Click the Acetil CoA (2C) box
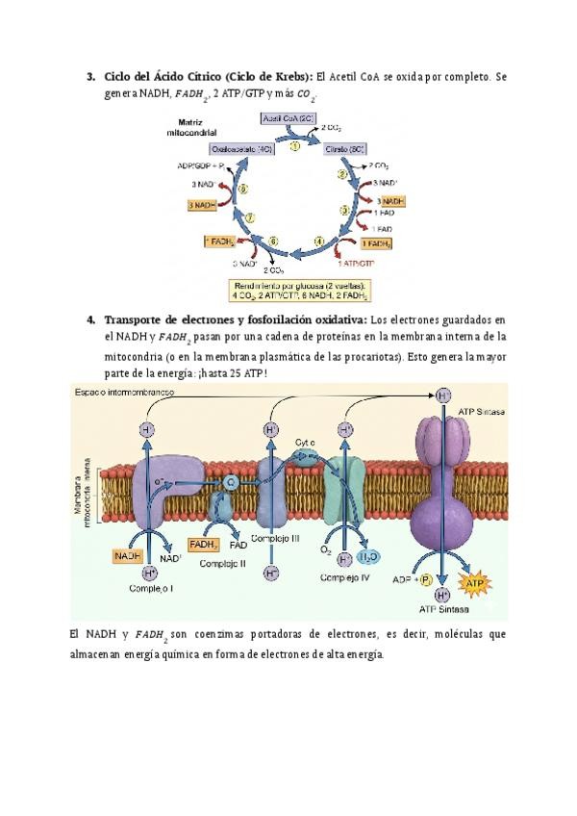[x=284, y=118]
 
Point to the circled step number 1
[x=282, y=145]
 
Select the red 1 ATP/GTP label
[x=356, y=261]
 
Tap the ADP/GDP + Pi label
[x=200, y=167]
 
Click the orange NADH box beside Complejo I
[x=128, y=556]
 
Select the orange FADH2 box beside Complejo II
[x=204, y=545]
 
